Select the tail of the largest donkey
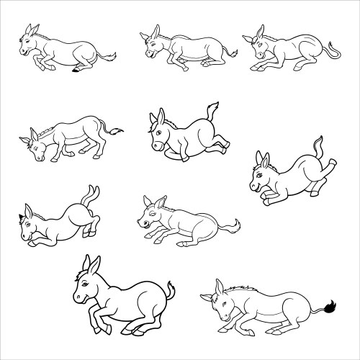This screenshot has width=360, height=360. click(169, 292)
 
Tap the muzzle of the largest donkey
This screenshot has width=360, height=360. click(77, 297)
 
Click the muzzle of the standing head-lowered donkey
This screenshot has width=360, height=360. click(34, 156)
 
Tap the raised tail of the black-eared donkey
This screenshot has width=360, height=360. click(89, 195)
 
